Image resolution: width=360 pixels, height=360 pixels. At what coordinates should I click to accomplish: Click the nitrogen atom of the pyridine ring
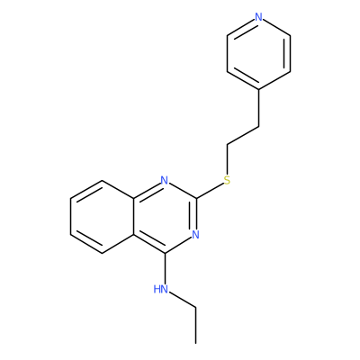click(258, 17)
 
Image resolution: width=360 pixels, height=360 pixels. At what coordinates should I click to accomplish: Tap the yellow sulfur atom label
click(227, 180)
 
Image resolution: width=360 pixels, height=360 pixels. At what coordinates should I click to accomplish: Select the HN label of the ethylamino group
click(160, 289)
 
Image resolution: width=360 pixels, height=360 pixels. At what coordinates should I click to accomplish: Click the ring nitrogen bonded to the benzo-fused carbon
click(164, 180)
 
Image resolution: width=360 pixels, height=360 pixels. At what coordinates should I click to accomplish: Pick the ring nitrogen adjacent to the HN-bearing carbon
click(195, 234)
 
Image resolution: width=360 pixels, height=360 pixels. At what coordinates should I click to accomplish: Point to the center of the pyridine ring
click(258, 53)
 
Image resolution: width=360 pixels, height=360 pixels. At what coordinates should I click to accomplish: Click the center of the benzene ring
click(102, 217)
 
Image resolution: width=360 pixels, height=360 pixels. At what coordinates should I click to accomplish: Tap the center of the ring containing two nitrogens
click(165, 217)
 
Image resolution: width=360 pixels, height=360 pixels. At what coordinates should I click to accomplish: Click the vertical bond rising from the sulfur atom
click(227, 159)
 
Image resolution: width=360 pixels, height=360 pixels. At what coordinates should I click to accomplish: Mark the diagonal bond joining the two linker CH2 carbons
click(243, 136)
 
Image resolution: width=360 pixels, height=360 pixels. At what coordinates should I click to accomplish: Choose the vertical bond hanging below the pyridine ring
click(258, 108)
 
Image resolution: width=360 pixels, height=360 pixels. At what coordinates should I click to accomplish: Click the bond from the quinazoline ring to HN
click(165, 268)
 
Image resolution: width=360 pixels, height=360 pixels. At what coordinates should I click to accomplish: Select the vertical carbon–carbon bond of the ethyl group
click(196, 325)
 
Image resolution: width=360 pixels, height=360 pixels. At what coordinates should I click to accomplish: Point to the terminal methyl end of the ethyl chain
click(196, 343)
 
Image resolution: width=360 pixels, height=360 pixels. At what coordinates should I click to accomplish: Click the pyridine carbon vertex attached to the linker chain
click(258, 89)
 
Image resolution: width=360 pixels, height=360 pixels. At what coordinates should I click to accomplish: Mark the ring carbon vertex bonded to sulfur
click(196, 198)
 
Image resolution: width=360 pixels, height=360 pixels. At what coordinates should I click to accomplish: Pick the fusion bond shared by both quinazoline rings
click(133, 217)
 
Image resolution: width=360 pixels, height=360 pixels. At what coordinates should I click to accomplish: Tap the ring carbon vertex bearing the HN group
click(165, 253)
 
